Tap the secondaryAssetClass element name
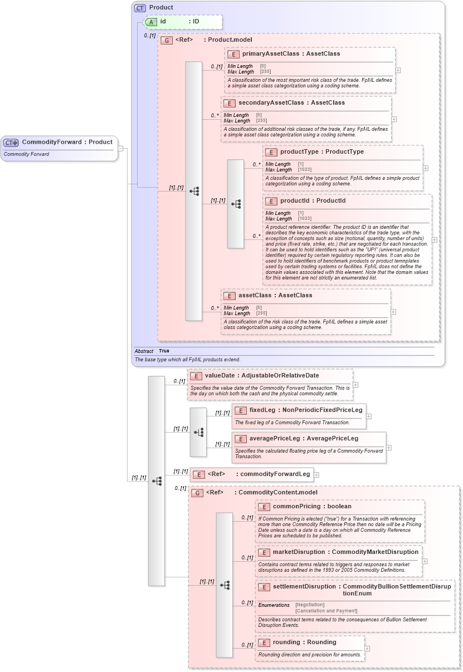click(x=271, y=103)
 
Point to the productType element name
click(x=298, y=152)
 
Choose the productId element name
click(x=296, y=201)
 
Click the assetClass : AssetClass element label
click(x=275, y=296)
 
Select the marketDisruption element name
click(x=299, y=552)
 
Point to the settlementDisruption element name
click(x=304, y=587)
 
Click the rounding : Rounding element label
click(x=304, y=642)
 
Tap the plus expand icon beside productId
click(x=435, y=240)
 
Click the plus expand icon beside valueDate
click(x=355, y=385)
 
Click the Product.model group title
click(x=230, y=40)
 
